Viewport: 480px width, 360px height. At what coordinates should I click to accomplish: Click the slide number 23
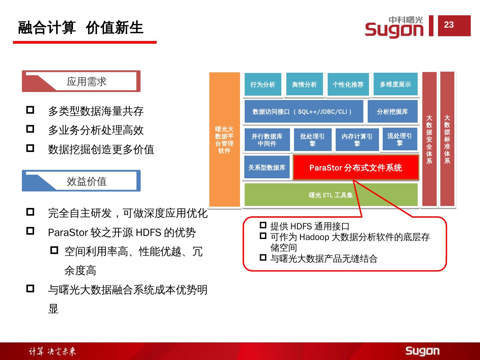449,25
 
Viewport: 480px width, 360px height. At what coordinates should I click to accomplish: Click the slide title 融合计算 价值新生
81,28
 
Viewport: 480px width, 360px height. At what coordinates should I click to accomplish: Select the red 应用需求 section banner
81,81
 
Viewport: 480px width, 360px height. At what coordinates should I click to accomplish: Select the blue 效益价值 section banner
81,181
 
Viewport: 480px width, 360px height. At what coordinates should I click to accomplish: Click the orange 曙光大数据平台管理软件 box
224,140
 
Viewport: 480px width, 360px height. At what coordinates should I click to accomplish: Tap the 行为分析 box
263,85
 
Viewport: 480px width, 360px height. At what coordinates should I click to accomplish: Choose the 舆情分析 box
304,85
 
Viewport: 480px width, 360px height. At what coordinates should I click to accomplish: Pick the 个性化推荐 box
348,85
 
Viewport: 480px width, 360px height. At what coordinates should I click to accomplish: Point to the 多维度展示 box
395,84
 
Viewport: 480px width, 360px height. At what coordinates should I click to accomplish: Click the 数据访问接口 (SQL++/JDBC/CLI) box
303,112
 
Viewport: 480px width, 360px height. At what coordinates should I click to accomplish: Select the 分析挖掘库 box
392,112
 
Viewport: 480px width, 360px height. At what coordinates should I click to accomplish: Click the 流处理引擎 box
399,139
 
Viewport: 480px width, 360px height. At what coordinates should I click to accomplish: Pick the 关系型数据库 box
267,167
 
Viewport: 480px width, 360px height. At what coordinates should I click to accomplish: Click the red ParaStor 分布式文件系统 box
356,167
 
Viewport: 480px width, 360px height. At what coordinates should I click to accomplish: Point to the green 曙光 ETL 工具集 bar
331,195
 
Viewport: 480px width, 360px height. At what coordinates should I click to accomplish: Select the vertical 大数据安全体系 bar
429,139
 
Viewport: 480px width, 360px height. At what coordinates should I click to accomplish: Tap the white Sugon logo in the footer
422,351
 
